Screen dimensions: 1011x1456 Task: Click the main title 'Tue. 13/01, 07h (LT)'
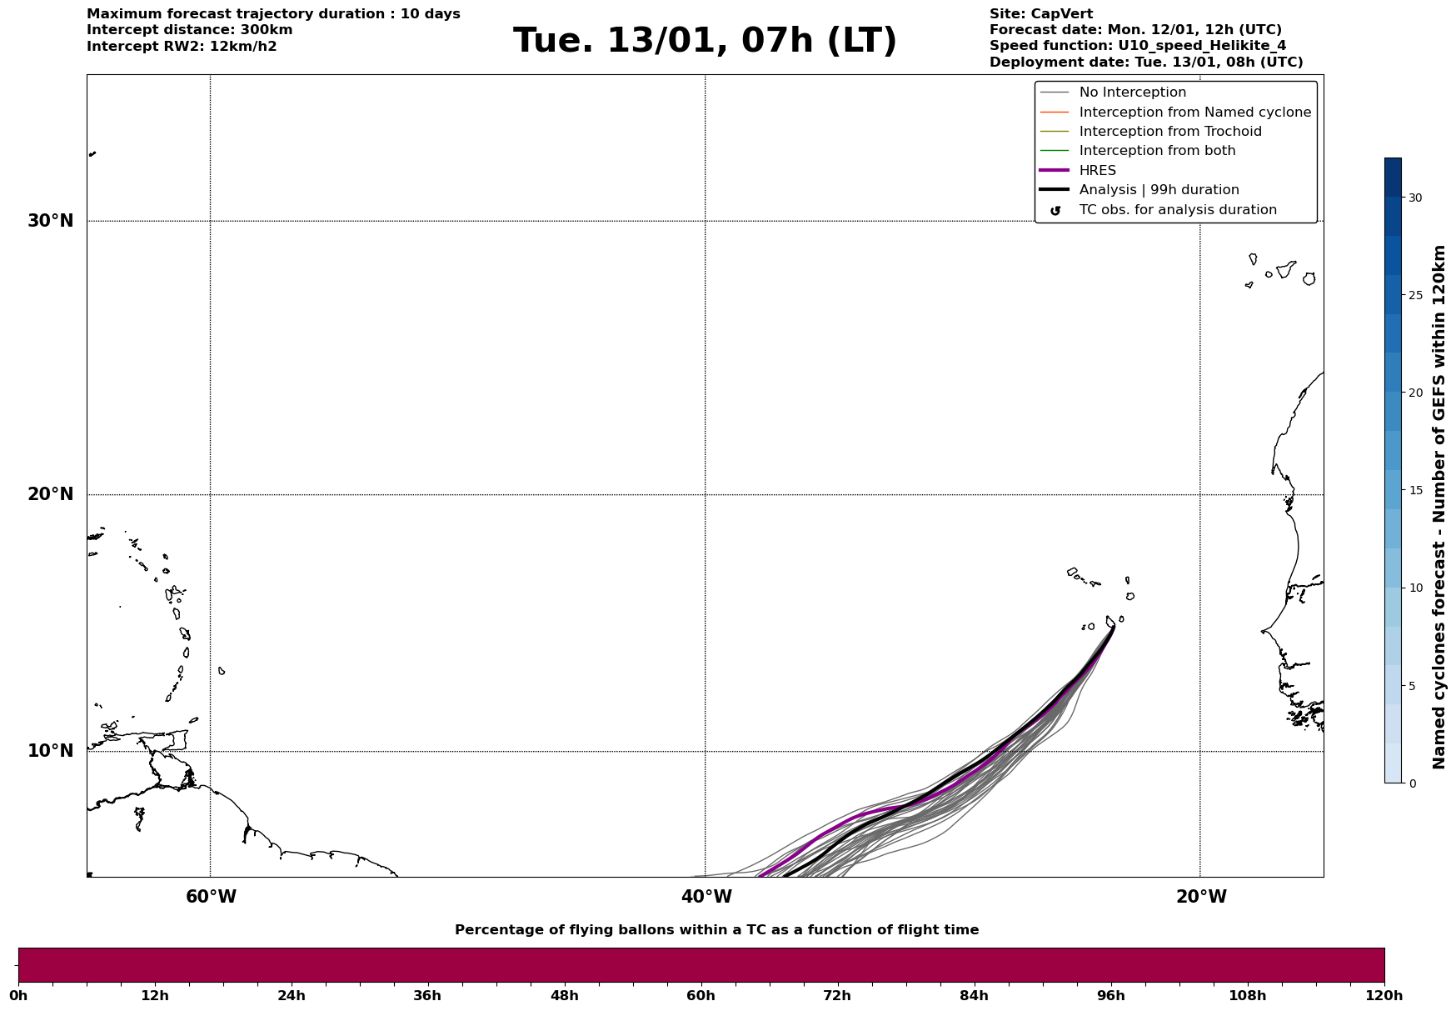(705, 41)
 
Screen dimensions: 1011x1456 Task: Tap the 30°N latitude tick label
(50, 221)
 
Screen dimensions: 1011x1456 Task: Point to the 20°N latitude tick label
(50, 494)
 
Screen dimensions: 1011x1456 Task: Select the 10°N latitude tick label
(50, 751)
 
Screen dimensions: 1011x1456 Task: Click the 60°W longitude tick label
(211, 897)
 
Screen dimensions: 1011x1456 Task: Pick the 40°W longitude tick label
(706, 897)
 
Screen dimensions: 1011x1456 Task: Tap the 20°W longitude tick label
(1201, 897)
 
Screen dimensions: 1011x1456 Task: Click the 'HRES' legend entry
(1097, 171)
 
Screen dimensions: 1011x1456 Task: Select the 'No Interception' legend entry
(1132, 93)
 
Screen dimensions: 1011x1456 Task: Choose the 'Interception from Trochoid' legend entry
(1169, 132)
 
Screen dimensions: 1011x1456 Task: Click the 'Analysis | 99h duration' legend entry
(1159, 190)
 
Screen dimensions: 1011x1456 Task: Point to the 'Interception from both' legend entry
(1157, 151)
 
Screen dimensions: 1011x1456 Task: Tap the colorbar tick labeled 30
(1415, 198)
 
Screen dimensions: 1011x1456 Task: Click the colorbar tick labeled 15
(1415, 490)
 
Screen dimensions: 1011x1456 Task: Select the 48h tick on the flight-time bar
(564, 995)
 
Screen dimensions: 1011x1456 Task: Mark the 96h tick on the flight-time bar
(1110, 995)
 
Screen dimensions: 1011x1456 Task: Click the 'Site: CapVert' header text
(1040, 14)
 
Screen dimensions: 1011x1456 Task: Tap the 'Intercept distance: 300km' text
(189, 30)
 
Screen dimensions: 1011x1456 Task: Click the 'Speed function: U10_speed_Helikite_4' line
(1137, 46)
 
